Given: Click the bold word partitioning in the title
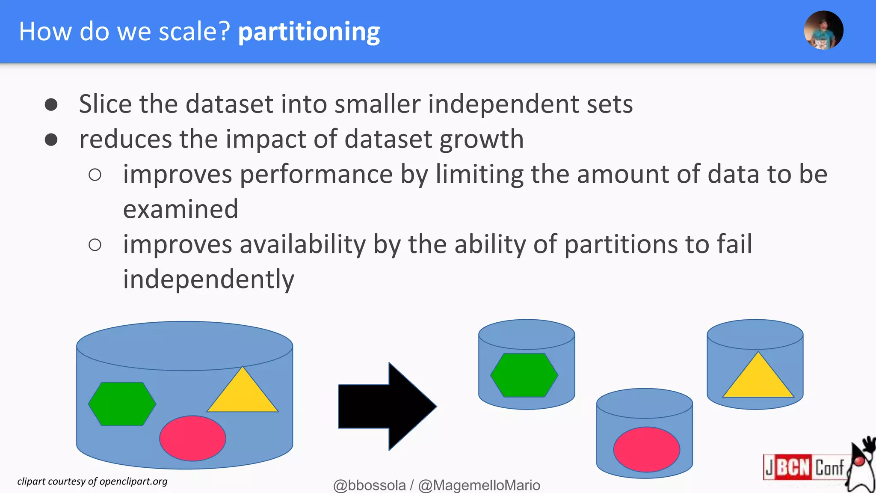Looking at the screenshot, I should [309, 32].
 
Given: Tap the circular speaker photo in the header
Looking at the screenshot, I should [823, 30].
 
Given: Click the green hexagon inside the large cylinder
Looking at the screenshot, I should [122, 404].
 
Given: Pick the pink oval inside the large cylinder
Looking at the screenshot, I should [192, 438].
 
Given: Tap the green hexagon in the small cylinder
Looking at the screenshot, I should [524, 375].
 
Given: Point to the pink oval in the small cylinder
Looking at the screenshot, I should [646, 449].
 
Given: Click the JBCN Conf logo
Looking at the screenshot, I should [804, 467].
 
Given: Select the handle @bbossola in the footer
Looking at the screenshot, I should [369, 485].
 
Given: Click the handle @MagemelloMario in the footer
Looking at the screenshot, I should [479, 485].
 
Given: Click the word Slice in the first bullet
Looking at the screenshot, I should [105, 104].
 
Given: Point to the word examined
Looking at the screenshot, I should [181, 209].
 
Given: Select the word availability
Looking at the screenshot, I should [302, 245].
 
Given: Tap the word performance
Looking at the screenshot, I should [316, 175].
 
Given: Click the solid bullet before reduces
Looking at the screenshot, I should [51, 140].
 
